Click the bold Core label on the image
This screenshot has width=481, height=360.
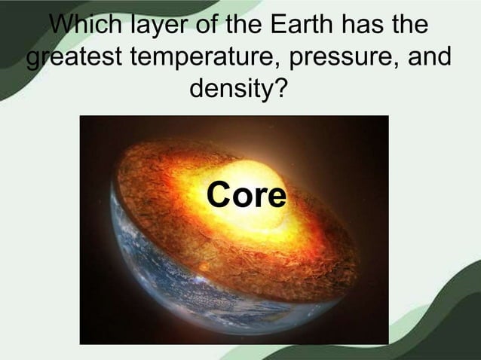click(x=247, y=196)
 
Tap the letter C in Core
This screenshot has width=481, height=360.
click(x=219, y=196)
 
